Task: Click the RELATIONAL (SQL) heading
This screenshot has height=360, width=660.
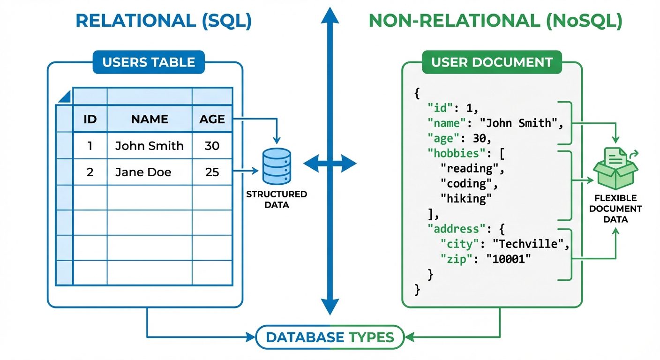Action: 164,22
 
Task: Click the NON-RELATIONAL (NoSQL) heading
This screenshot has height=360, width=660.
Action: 495,22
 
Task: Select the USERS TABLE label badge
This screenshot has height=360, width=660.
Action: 149,62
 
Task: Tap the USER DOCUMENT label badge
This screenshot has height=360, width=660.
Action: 492,62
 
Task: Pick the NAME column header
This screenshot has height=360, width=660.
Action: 150,119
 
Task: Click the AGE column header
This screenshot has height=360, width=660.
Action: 212,119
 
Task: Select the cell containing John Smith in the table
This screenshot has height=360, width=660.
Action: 150,146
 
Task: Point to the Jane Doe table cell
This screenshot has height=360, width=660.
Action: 143,172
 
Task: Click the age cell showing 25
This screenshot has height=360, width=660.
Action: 212,172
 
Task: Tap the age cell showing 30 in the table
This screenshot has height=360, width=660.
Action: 212,146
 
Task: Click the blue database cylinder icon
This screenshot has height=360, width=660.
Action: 277,166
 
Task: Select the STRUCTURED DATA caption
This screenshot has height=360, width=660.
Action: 277,199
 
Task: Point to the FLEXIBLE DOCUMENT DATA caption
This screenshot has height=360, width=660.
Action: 616,209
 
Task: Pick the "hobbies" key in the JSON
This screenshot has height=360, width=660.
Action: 450,153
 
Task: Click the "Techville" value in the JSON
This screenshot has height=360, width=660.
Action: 534,244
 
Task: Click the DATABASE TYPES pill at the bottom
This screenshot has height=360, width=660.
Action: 330,337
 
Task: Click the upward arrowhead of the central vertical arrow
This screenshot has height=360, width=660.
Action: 330,16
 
